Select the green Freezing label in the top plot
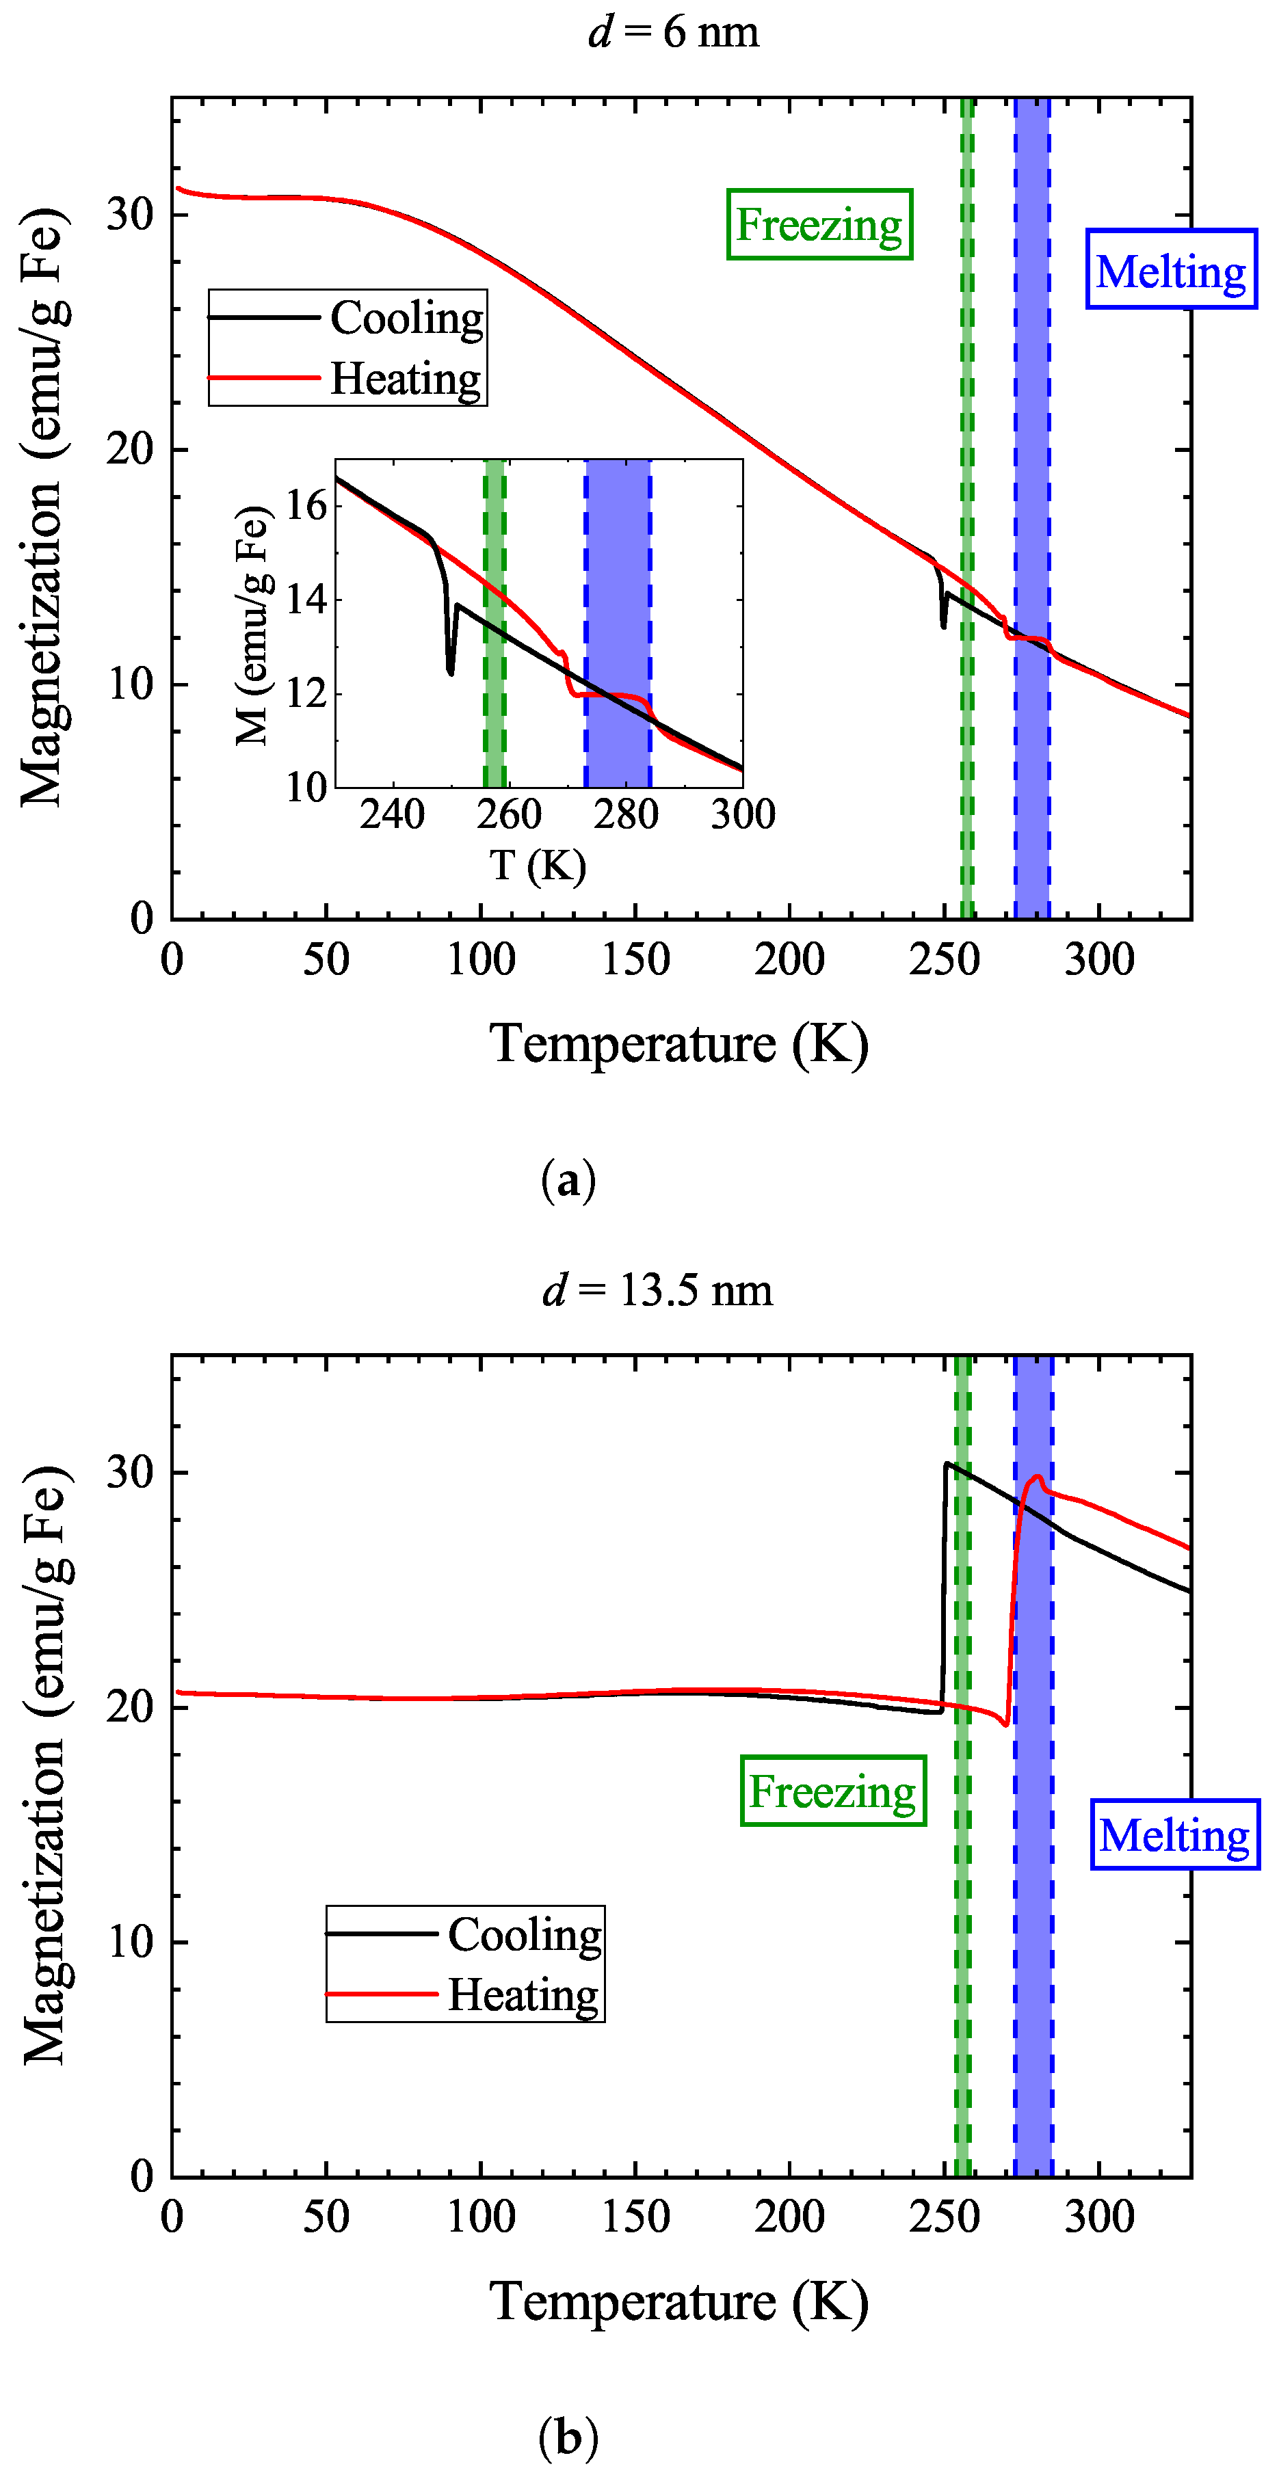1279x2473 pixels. tap(819, 225)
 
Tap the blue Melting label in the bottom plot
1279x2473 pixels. tap(1174, 1834)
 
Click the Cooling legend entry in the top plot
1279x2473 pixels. tap(406, 318)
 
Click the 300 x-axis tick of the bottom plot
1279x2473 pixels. tap(1099, 2217)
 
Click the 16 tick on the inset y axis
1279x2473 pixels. tap(307, 505)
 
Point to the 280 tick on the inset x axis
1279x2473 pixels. tap(625, 815)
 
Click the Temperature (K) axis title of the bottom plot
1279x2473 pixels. tap(679, 2302)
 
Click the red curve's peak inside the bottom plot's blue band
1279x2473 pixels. tap(1037, 1478)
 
